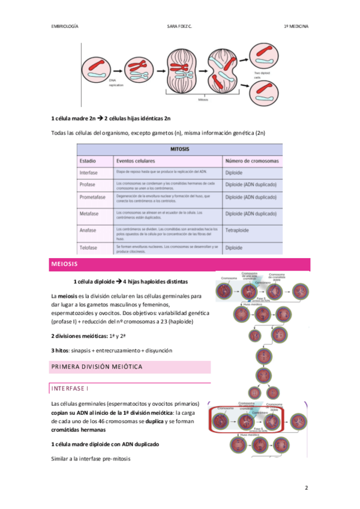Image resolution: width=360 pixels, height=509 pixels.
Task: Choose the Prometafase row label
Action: click(94, 197)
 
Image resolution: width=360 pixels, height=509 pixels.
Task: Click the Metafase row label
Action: click(91, 213)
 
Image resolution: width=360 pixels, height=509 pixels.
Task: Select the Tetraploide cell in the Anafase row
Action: click(239, 230)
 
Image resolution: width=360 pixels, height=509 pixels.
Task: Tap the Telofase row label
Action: click(90, 247)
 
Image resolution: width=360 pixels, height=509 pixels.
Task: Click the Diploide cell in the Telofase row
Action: click(234, 247)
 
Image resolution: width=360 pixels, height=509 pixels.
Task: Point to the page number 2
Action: click(306, 487)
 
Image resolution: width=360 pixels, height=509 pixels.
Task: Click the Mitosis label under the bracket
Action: click(203, 100)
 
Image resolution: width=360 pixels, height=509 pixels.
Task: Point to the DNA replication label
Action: click(116, 83)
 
